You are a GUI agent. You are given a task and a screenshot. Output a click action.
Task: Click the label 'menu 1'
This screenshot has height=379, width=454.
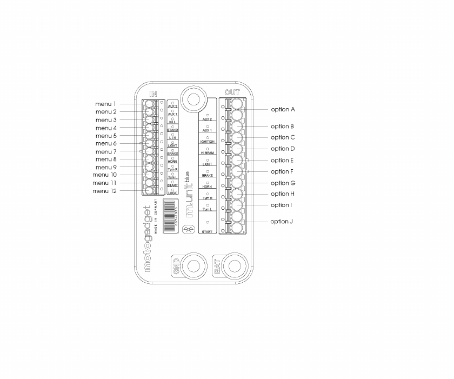106,104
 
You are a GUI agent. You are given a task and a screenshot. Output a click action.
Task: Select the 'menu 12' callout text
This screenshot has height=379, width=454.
104,191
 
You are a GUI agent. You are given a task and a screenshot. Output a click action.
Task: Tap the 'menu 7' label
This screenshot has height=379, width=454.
106,151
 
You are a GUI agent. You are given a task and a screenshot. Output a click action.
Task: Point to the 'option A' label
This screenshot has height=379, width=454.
283,109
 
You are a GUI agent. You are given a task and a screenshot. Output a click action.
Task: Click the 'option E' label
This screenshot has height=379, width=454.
283,160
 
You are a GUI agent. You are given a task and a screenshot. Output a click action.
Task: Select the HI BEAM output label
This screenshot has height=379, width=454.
208,152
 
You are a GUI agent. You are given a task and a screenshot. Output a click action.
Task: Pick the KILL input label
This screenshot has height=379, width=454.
173,122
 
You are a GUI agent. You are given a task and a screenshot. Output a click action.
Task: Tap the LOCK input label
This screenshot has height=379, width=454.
173,193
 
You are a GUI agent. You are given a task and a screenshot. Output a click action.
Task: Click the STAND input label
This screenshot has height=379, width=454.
173,130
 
